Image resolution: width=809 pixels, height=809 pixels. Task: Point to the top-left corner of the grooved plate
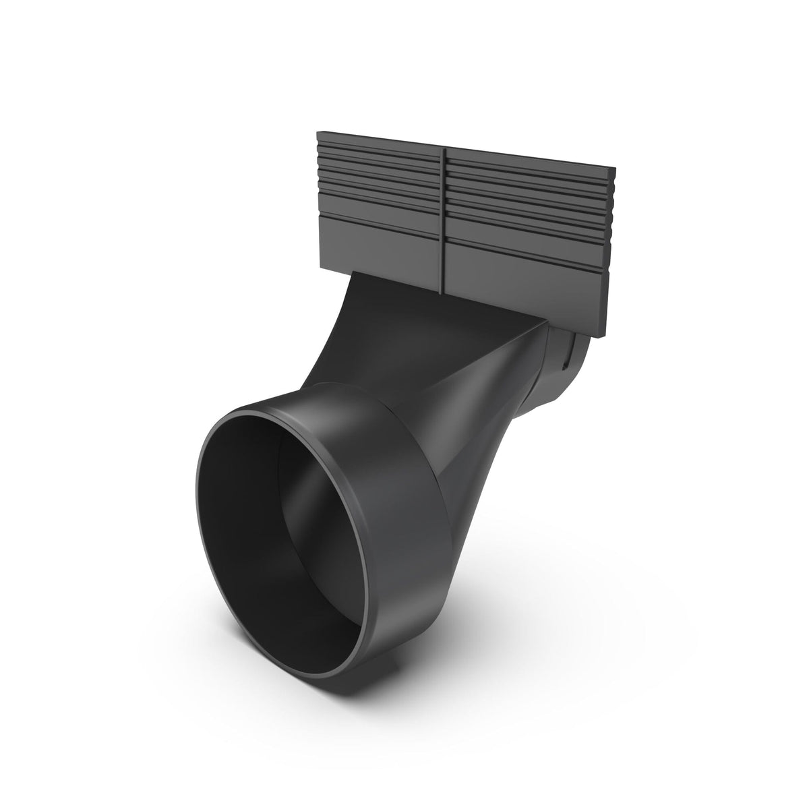click(318, 133)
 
